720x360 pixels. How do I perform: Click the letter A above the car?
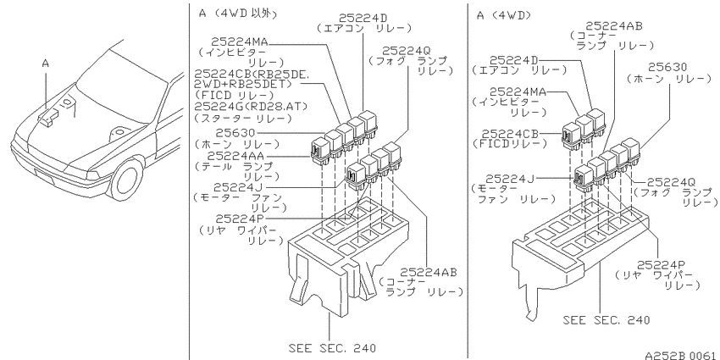46,64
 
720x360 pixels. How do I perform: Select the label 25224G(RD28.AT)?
251,107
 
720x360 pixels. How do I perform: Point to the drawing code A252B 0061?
680,355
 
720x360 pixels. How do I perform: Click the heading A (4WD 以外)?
238,14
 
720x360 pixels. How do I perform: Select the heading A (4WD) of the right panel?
504,15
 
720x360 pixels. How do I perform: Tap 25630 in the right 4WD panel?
670,67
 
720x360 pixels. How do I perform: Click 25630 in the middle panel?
235,133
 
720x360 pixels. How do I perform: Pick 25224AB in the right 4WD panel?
614,26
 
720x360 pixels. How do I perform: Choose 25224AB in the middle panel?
429,272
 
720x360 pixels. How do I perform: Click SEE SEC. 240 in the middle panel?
332,347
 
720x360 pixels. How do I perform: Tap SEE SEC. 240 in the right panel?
606,319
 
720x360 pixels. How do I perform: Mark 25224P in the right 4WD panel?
661,264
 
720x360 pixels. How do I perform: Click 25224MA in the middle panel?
240,42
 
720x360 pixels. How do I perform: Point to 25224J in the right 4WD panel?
510,178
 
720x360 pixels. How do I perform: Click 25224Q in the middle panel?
407,51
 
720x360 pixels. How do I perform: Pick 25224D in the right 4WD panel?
514,60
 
